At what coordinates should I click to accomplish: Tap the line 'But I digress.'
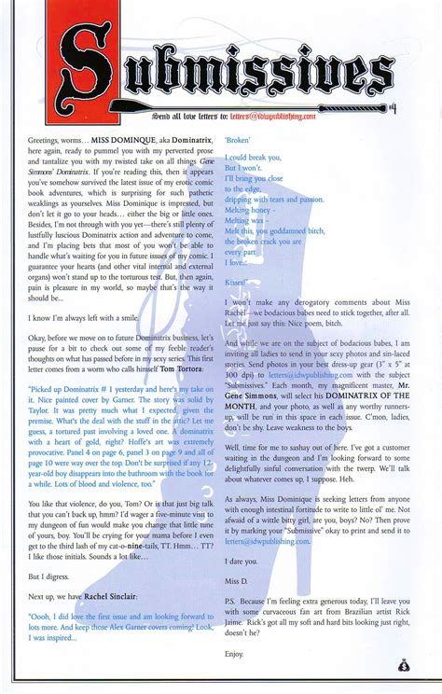coord(51,576)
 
